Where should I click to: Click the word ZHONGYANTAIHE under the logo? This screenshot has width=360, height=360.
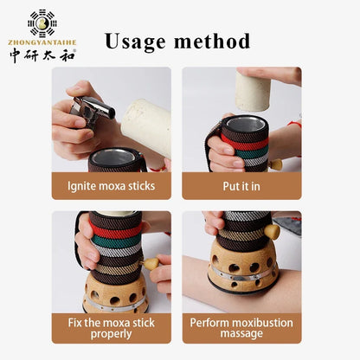(x=42, y=42)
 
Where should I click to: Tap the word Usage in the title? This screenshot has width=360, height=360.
(x=135, y=42)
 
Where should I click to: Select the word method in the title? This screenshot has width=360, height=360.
(x=212, y=41)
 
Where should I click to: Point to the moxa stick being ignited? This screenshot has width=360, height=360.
(x=146, y=126)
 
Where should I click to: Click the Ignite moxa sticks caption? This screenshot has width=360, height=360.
(x=112, y=186)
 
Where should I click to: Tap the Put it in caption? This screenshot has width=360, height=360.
(x=241, y=186)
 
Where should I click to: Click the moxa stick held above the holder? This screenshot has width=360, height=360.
(x=253, y=91)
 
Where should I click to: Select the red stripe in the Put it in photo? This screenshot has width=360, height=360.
(x=245, y=143)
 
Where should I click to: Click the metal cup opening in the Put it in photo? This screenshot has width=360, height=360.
(x=244, y=124)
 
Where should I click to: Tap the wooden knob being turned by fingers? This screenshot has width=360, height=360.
(x=151, y=264)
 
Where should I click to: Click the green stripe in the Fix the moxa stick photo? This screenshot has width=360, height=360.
(x=117, y=241)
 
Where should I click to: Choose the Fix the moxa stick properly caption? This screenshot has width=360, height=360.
(x=112, y=328)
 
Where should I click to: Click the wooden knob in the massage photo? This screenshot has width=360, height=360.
(x=273, y=232)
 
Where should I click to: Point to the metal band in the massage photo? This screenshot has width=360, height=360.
(x=241, y=273)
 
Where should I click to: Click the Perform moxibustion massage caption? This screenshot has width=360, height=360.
(x=241, y=328)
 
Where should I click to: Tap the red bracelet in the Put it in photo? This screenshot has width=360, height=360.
(x=296, y=125)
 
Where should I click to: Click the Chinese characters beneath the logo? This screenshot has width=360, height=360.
(x=42, y=55)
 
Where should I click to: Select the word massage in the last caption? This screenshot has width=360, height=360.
(x=241, y=334)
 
